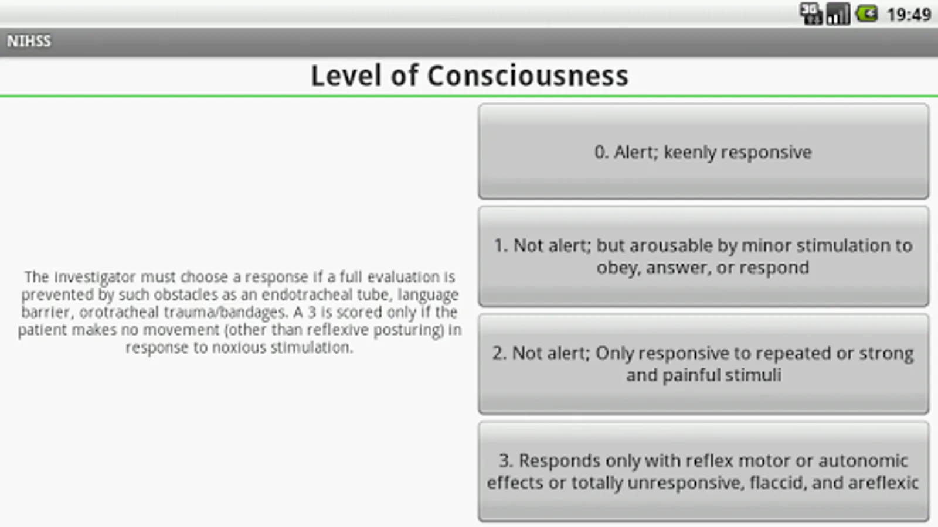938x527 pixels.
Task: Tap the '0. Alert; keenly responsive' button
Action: pos(704,152)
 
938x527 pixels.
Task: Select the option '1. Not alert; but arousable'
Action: pos(704,256)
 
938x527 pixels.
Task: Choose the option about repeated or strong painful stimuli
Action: pos(704,364)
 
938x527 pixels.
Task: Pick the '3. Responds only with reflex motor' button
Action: pos(704,471)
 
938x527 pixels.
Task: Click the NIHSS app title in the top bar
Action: pos(29,41)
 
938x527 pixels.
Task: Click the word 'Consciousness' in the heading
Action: pos(528,76)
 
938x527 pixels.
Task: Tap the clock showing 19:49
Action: pos(909,15)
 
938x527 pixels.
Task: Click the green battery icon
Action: pos(866,14)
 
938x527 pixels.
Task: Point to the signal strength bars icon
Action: pos(838,14)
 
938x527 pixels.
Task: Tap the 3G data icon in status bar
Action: pos(811,14)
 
